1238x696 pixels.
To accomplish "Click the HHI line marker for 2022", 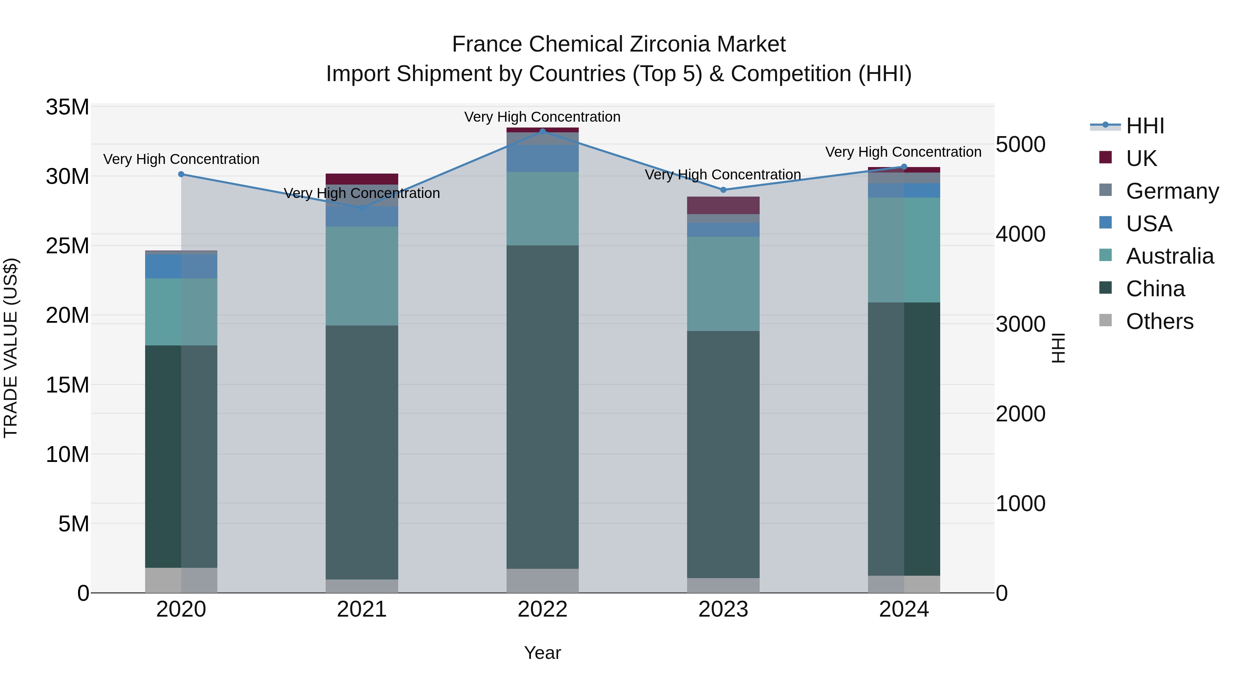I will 543,131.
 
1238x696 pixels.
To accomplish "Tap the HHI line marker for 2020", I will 181,174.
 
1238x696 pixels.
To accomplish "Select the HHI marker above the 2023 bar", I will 723,190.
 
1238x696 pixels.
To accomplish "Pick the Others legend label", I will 1159,321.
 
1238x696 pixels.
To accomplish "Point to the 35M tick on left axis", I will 67,107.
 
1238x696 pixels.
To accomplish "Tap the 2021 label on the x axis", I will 361,609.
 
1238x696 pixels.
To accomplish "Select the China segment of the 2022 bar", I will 543,407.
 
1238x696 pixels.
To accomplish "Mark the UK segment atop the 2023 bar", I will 723,205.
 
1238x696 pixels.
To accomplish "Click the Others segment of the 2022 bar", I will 543,581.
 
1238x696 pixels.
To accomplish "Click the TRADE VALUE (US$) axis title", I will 11,348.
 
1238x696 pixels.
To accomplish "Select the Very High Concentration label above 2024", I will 903,152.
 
